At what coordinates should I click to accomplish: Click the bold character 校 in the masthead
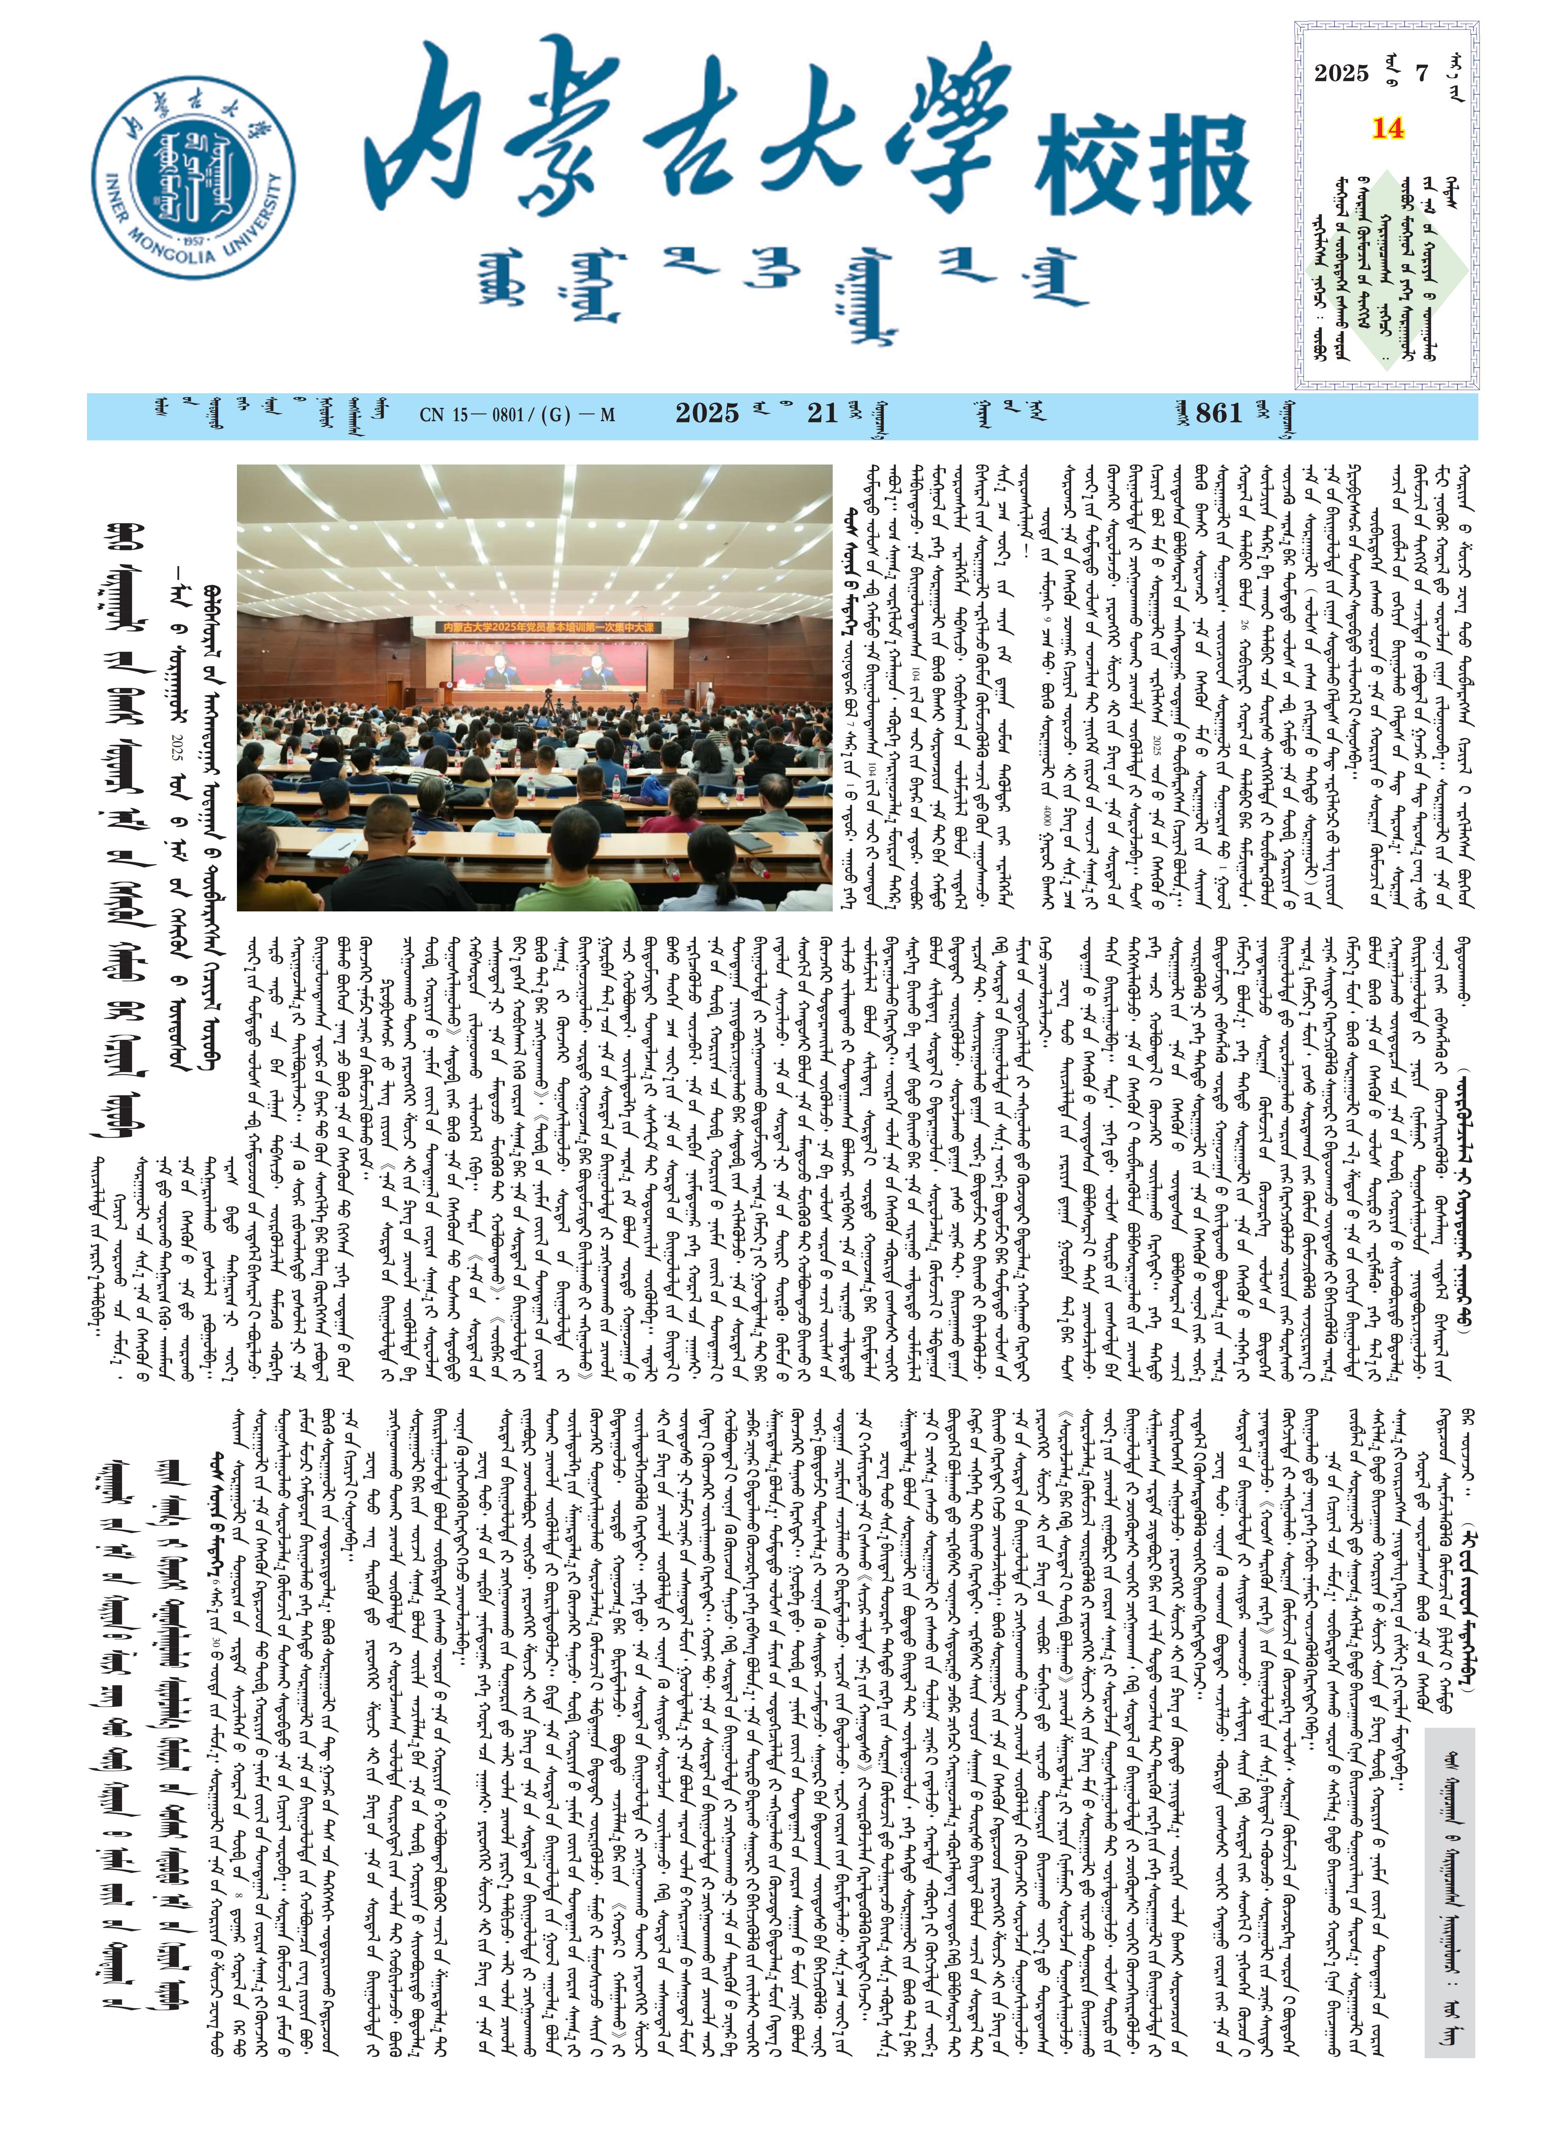(1090, 166)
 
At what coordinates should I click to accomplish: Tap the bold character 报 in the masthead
(1198, 166)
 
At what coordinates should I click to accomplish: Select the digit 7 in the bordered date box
(1421, 73)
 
